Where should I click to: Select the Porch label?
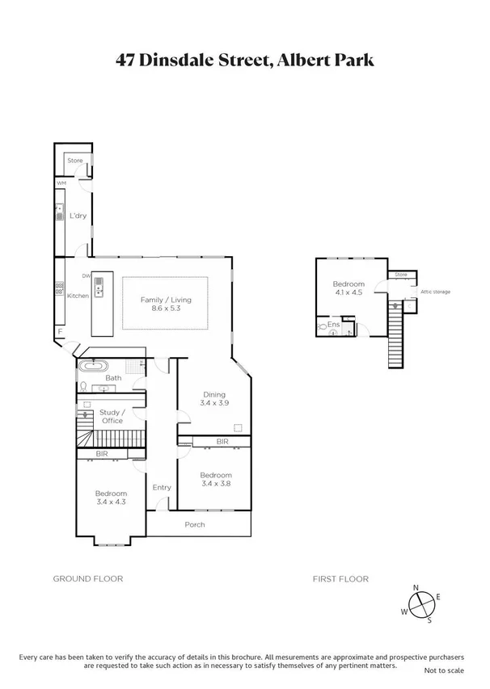click(x=194, y=524)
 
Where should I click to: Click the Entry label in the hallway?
click(x=162, y=487)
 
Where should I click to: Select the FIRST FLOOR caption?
click(x=340, y=578)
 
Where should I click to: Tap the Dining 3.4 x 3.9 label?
click(x=214, y=398)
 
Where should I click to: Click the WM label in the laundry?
click(x=61, y=184)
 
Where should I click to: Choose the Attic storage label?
click(x=434, y=291)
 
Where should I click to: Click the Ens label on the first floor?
click(x=333, y=324)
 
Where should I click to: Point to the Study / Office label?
click(x=111, y=416)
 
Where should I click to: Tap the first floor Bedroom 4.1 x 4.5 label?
click(x=348, y=288)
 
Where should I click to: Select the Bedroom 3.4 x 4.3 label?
click(x=111, y=498)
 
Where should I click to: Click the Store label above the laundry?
click(x=75, y=161)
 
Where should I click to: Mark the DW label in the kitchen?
click(x=86, y=276)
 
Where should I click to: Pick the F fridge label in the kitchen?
click(x=59, y=331)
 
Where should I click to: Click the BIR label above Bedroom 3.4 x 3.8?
click(x=222, y=442)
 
